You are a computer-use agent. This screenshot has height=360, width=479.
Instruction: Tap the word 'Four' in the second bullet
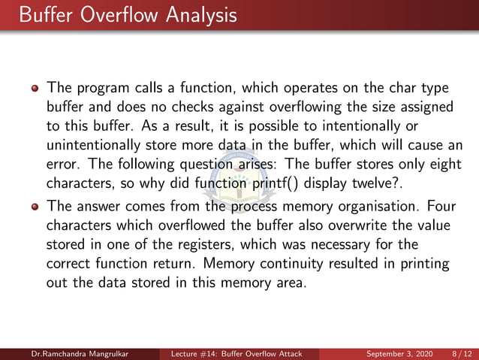click(x=445, y=204)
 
